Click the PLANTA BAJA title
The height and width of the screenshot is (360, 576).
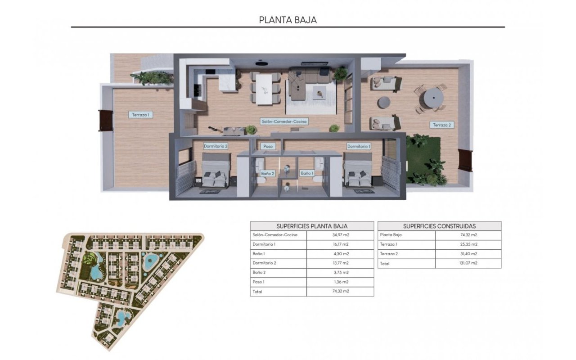click(x=288, y=20)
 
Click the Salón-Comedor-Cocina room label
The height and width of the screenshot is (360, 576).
click(x=284, y=121)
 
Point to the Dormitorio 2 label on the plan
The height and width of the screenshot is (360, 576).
click(x=216, y=146)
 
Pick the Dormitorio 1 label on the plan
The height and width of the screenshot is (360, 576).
click(x=359, y=146)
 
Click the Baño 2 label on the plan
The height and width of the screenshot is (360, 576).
click(x=268, y=173)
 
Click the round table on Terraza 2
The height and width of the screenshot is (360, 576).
click(x=432, y=97)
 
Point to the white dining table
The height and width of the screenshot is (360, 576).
click(x=264, y=89)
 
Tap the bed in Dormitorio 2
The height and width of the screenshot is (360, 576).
click(x=215, y=173)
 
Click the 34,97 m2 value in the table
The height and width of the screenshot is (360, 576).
click(x=340, y=235)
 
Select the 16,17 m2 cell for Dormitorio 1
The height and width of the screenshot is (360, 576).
click(x=340, y=244)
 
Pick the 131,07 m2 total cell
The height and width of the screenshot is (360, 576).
click(x=468, y=263)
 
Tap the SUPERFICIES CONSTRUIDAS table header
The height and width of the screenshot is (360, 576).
click(x=439, y=226)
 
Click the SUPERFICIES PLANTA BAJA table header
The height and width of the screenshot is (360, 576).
click(x=312, y=226)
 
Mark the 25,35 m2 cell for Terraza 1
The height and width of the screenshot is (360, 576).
click(x=468, y=244)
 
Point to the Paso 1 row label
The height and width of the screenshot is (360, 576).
click(x=259, y=282)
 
